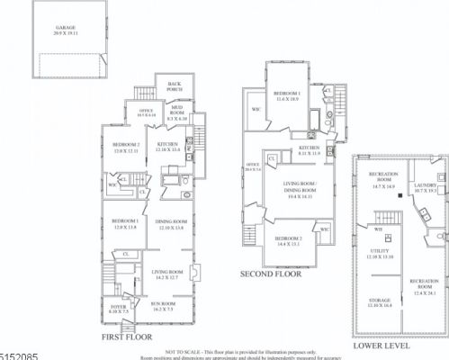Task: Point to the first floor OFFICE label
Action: pyautogui.click(x=146, y=112)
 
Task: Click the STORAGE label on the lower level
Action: pyautogui.click(x=381, y=301)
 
